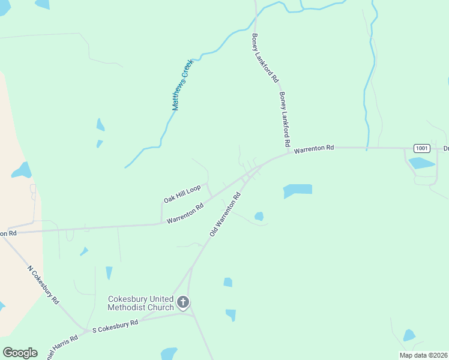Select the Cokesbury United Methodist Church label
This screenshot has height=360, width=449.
pos(142,303)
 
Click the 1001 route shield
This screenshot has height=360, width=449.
pos(422,148)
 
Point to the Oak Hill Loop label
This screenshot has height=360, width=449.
pos(182,194)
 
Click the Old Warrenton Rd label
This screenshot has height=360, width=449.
pos(225,214)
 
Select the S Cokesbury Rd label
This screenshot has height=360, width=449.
pos(115,325)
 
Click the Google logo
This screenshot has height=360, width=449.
pos(20,353)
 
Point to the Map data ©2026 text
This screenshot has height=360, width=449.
pos(423,355)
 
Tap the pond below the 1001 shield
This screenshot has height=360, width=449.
pos(421,163)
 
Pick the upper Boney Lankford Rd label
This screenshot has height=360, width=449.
pos(265,58)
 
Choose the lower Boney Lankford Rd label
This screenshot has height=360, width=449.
pos(285,120)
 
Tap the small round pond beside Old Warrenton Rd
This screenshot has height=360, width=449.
pos(259,216)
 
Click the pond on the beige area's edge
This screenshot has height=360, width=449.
pos(22,170)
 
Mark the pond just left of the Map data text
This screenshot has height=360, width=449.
pos(409,335)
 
